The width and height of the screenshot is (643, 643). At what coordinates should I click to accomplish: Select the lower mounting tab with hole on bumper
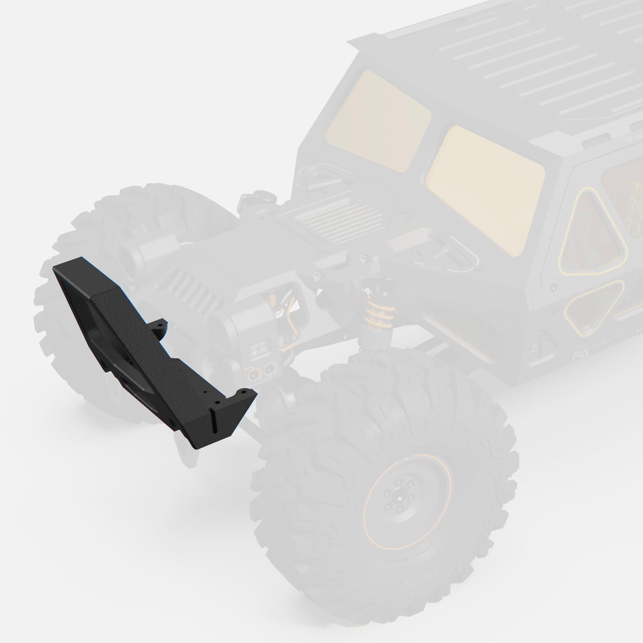pos(244,393)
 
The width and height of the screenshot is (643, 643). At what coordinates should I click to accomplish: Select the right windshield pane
pos(485,189)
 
